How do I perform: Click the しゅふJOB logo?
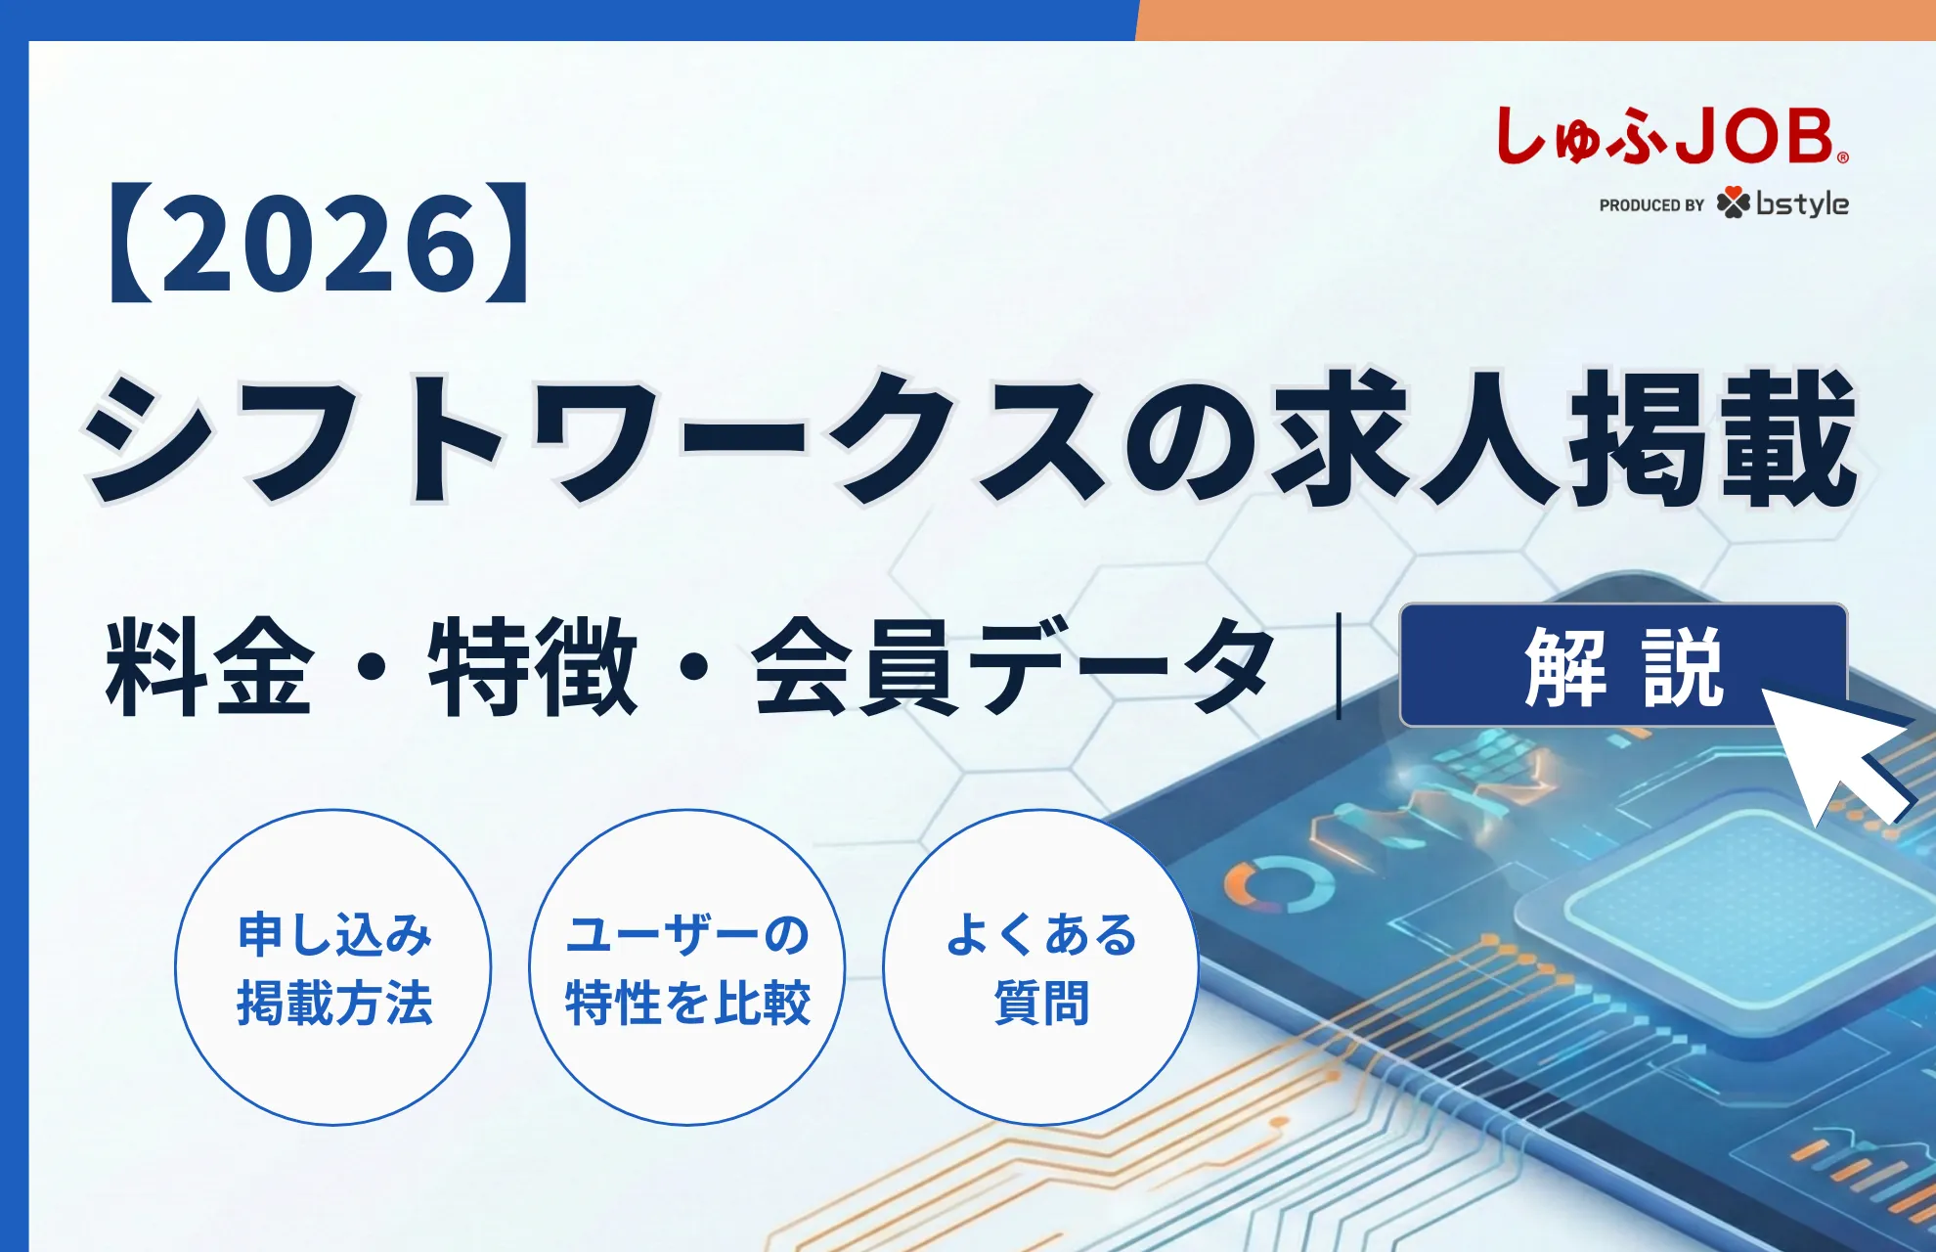pyautogui.click(x=1668, y=136)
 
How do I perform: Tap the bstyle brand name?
pyautogui.click(x=1802, y=203)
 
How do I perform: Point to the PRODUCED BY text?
pyautogui.click(x=1651, y=205)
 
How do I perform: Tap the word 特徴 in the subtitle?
pyautogui.click(x=532, y=667)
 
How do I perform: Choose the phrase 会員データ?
pyautogui.click(x=1013, y=667)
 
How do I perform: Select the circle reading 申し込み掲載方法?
pyautogui.click(x=333, y=967)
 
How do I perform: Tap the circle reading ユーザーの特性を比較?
pyautogui.click(x=687, y=967)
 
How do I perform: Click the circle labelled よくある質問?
pyautogui.click(x=1040, y=967)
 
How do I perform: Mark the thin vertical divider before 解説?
pyautogui.click(x=1339, y=666)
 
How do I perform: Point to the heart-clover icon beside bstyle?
pyautogui.click(x=1733, y=202)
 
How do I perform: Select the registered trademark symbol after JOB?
pyautogui.click(x=1843, y=157)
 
